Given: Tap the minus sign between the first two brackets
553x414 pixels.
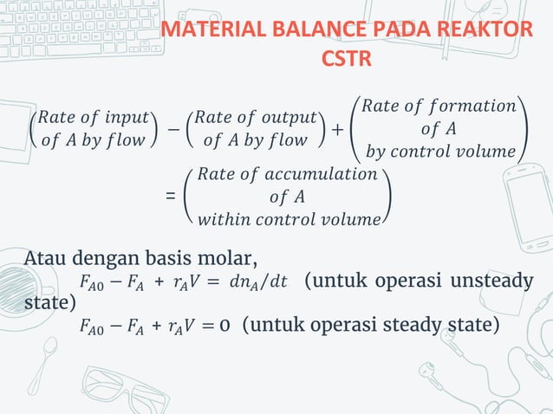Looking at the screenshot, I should pyautogui.click(x=173, y=128).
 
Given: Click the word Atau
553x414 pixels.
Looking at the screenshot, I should pyautogui.click(x=46, y=258).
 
